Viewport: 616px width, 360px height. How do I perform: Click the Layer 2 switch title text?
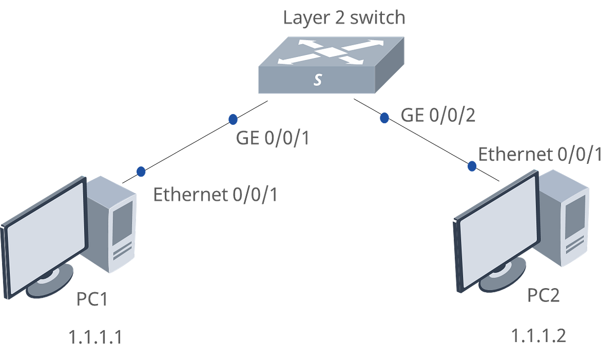pyautogui.click(x=344, y=17)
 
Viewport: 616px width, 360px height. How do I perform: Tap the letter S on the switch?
pyautogui.click(x=318, y=80)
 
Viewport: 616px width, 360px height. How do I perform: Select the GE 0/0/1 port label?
pyautogui.click(x=273, y=139)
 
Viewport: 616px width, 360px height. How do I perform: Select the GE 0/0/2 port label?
pyautogui.click(x=438, y=116)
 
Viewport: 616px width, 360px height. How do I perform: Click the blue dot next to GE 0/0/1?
pyautogui.click(x=233, y=119)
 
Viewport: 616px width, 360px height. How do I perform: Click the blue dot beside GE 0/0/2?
pyautogui.click(x=383, y=118)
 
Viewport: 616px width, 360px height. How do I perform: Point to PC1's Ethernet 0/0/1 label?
pyautogui.click(x=215, y=195)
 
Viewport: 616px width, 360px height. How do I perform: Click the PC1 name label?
pyautogui.click(x=91, y=299)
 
